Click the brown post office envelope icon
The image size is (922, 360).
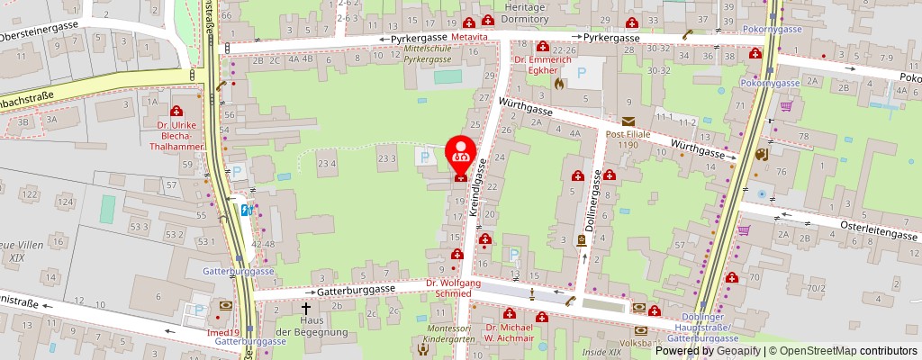pos(628,121)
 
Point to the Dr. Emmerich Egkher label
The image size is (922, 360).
pos(542,65)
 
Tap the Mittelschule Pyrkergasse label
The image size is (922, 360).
pos(426,53)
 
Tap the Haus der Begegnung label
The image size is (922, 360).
pos(299,327)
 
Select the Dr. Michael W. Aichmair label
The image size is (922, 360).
pos(510,333)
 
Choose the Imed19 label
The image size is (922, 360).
pos(221,332)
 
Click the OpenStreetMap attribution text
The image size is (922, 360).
pos(837,351)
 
